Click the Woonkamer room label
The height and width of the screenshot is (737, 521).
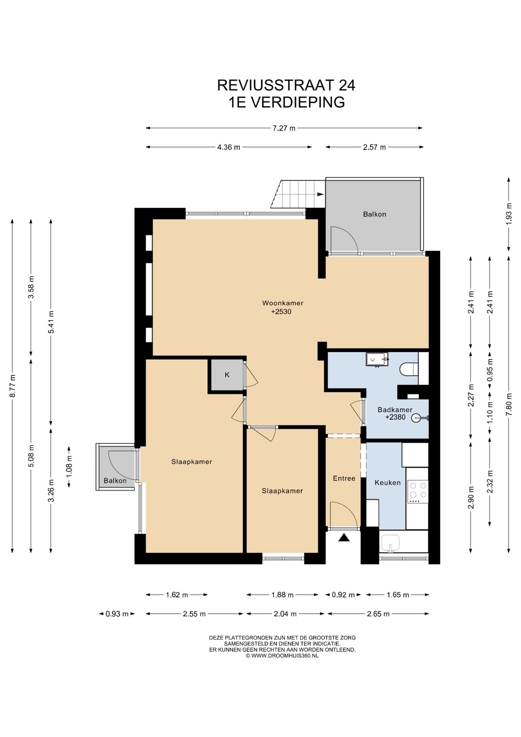coord(283,303)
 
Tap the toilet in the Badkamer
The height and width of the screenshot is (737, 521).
coord(409,369)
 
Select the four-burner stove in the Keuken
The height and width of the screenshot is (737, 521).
coord(418,491)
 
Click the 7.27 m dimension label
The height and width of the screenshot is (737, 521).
coord(284,128)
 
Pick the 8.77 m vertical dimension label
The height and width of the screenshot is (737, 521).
coord(12,386)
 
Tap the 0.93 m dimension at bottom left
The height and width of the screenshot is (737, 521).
coord(117,614)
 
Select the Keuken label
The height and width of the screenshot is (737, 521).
coord(387,483)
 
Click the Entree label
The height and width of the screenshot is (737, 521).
coord(344,478)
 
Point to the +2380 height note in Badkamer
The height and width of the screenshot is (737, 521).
coord(395,417)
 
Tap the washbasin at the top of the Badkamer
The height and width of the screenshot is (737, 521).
coord(377,359)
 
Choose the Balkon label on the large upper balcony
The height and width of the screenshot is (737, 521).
coord(374,214)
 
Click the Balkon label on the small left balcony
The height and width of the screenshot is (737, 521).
coord(115,481)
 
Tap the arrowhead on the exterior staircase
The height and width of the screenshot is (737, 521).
coord(320,194)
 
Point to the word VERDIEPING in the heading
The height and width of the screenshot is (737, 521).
coord(298,102)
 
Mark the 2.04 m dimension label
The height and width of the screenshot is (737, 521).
coord(285,614)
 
